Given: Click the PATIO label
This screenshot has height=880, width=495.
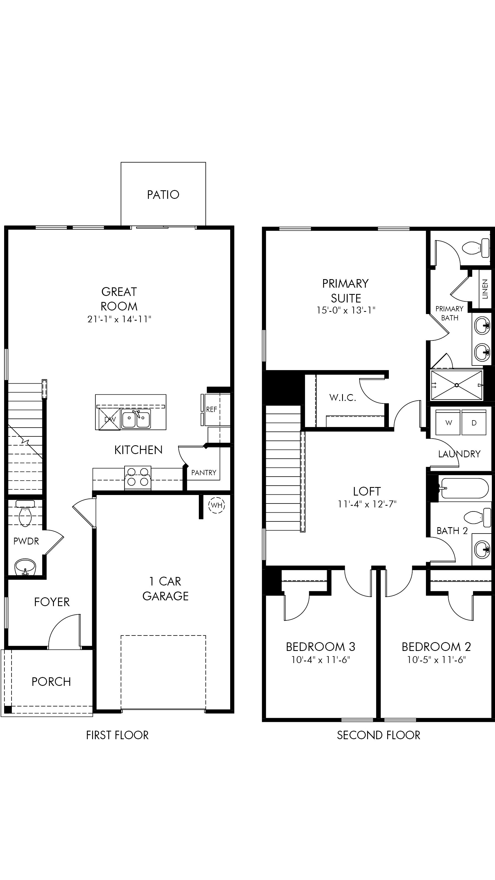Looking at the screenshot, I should click(x=163, y=195).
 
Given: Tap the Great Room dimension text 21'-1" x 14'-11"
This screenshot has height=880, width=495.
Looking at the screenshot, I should click(x=119, y=319).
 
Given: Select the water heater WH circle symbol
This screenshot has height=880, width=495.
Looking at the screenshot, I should click(x=217, y=505).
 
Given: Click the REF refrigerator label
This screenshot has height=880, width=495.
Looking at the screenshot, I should click(x=211, y=409).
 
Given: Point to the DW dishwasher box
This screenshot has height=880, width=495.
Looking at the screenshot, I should click(x=110, y=419).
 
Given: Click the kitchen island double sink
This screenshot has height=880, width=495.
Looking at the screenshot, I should click(x=136, y=419).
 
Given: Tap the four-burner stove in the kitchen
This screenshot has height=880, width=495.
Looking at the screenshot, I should click(x=138, y=478).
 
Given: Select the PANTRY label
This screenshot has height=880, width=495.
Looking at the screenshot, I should click(x=204, y=473).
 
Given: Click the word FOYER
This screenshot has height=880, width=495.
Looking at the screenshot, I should click(x=52, y=602).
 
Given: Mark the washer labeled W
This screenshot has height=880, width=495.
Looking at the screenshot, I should click(x=448, y=423).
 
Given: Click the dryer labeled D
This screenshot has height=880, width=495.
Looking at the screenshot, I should click(x=474, y=423).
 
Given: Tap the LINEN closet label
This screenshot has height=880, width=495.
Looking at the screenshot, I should click(x=485, y=289).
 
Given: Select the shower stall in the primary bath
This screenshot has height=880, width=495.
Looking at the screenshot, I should click(x=457, y=385).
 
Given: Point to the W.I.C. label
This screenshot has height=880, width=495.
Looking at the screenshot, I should click(x=343, y=398).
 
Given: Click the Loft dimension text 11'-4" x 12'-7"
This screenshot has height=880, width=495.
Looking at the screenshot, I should click(x=367, y=505).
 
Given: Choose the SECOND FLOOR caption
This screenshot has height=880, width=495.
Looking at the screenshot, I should click(x=378, y=735).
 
